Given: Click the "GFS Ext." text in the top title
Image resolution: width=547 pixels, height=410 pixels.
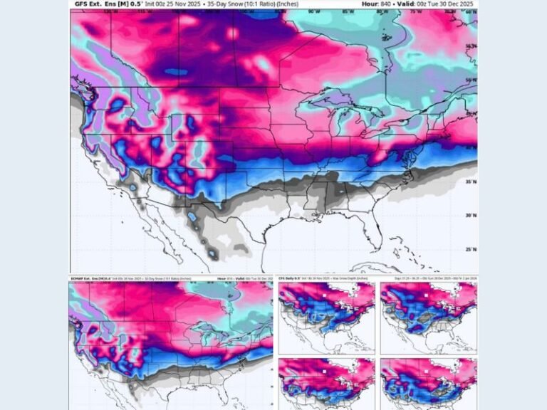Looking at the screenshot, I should (86, 4).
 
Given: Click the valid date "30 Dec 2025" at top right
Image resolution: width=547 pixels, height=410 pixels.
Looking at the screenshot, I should (456, 4).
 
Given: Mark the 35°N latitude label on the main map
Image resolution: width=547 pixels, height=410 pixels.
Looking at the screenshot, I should (469, 182).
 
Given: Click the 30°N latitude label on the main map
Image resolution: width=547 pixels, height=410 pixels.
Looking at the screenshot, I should (469, 215).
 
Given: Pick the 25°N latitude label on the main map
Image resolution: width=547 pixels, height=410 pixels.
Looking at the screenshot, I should (469, 249).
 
